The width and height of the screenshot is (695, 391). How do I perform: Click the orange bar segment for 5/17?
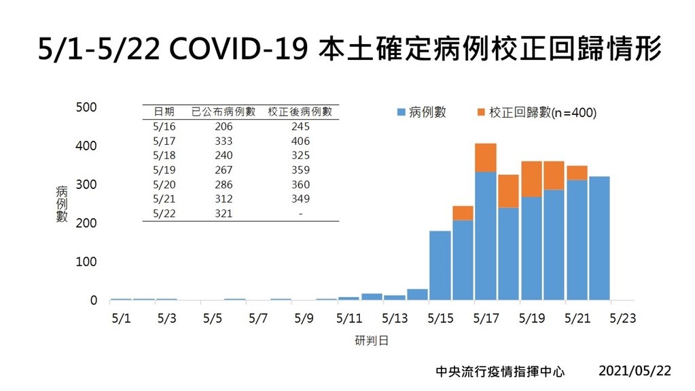(485, 157)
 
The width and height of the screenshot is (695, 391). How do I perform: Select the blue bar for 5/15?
(440, 265)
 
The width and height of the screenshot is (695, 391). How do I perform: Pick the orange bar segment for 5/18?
(508, 191)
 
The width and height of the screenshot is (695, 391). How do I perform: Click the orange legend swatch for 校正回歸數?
(481, 112)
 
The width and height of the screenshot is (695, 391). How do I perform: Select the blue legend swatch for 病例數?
(401, 112)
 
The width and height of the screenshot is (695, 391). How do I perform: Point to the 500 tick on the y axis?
(86, 107)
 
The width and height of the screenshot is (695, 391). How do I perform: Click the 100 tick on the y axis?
(86, 262)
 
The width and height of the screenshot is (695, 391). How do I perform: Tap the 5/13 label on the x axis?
(395, 318)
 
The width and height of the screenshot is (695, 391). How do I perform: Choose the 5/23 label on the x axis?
(622, 318)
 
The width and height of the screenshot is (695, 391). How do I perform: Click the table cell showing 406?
(300, 141)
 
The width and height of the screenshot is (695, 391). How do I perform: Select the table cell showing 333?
(223, 141)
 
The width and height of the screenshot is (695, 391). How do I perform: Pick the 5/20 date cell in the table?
(164, 185)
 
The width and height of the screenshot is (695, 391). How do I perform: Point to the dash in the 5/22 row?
(300, 214)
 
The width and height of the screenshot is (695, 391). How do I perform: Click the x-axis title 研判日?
(372, 340)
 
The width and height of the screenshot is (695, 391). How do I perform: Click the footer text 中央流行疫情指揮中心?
(500, 372)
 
